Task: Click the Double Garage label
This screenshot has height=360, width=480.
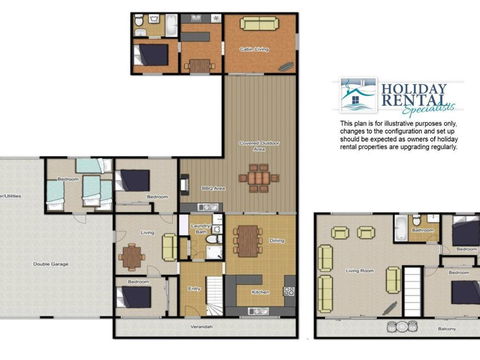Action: [x=49, y=263]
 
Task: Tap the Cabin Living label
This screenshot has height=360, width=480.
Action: [x=253, y=47]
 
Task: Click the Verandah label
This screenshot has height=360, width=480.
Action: [x=203, y=326]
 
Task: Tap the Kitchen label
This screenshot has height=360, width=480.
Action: [x=260, y=292]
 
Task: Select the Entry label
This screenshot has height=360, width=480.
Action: [x=194, y=288]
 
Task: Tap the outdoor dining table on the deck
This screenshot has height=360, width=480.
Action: [x=259, y=178]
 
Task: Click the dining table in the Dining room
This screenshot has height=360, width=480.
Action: [x=247, y=240]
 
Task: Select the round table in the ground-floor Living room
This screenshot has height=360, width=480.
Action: [x=131, y=255]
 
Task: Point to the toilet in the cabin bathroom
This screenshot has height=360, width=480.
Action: [x=153, y=20]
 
